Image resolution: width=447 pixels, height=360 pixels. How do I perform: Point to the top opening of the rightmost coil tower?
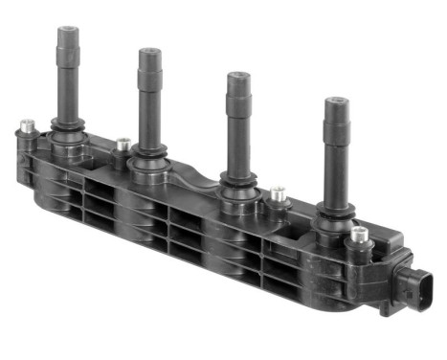pyautogui.click(x=335, y=101)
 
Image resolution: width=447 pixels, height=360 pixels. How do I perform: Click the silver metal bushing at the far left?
pyautogui.click(x=28, y=126)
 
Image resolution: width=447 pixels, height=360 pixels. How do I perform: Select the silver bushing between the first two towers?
pyautogui.click(x=122, y=146)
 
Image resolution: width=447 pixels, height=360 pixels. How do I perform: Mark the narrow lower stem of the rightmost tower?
pyautogui.click(x=335, y=178)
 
